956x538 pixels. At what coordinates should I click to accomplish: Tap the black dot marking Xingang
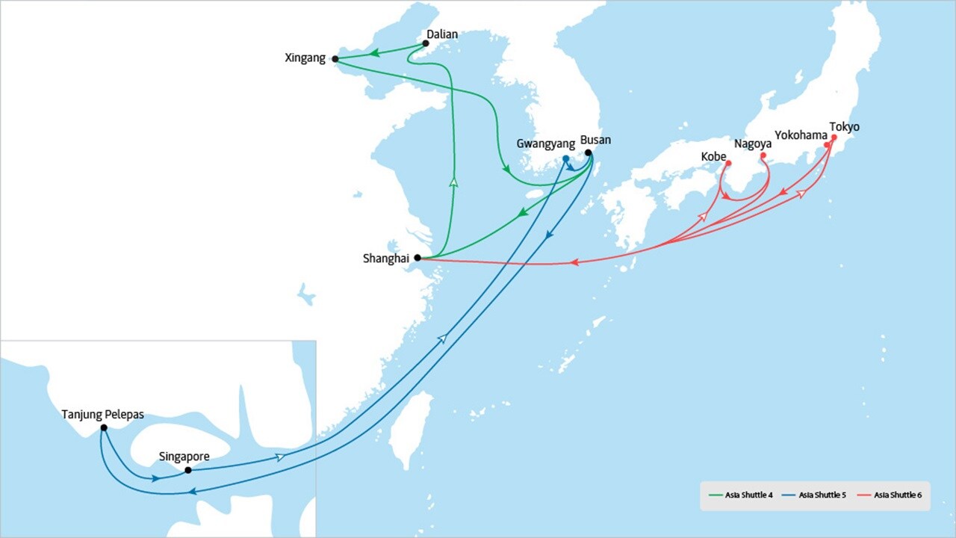(335, 58)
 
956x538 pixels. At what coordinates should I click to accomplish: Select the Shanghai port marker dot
(418, 258)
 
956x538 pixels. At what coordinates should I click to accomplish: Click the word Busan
(595, 140)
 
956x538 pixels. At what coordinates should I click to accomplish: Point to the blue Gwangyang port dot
(565, 159)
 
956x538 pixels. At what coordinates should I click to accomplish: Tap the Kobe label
(713, 157)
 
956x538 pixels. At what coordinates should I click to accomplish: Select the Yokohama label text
(801, 135)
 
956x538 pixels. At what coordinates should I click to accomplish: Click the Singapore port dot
(188, 470)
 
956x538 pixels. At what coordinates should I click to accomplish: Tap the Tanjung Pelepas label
(102, 414)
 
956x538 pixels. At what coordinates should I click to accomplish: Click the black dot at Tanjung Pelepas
(103, 427)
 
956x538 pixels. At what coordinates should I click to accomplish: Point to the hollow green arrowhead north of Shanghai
(453, 182)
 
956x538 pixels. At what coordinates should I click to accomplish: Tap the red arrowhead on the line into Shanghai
(575, 262)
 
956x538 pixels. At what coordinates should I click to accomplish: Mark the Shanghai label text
(385, 259)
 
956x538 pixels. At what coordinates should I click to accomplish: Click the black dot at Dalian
(426, 43)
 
